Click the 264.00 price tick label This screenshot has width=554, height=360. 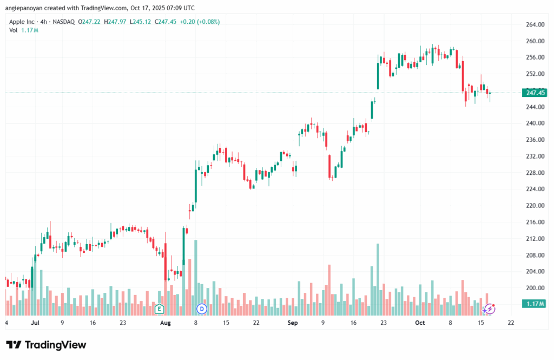pos(534,25)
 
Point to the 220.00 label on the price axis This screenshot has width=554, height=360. pos(534,206)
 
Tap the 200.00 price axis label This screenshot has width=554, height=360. pos(534,288)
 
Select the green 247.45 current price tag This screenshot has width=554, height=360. pos(534,93)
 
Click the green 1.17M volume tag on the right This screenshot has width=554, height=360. pos(534,304)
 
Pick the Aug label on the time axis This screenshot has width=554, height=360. pos(166,323)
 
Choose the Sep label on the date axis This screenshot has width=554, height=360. pos(293,323)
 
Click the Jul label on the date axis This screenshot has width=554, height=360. pos(36,323)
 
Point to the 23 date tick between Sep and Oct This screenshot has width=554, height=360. pos(384,323)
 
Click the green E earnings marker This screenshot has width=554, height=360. pos(159,309)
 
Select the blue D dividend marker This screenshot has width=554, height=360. pos(202,309)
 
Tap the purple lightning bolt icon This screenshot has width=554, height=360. pos(489,309)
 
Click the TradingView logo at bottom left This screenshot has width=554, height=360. pos(46,345)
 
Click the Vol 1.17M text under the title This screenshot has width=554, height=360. pos(23,30)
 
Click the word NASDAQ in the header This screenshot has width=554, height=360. pos(63,22)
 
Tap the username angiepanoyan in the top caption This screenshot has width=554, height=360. pos(25,8)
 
